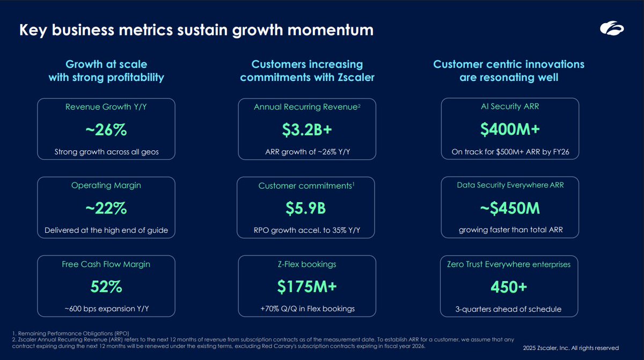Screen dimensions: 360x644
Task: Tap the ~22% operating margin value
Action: click(x=106, y=208)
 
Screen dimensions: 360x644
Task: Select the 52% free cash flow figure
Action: click(x=106, y=286)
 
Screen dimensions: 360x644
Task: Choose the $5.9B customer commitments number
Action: click(x=307, y=208)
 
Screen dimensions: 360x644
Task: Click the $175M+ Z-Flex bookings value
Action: click(x=307, y=286)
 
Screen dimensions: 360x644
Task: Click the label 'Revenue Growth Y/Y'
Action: click(x=106, y=107)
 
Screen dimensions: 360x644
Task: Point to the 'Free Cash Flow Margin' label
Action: click(x=106, y=264)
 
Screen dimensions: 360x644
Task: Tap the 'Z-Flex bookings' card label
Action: click(x=307, y=264)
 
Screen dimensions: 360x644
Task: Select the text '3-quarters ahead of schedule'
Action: click(x=509, y=309)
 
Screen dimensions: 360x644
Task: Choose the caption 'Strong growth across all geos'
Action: click(x=106, y=152)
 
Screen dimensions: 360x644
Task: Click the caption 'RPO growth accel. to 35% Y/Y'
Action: click(x=307, y=231)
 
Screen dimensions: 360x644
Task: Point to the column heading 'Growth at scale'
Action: click(x=106, y=64)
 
